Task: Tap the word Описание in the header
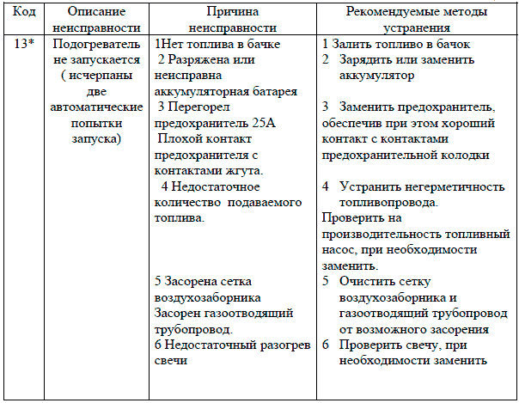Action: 96,13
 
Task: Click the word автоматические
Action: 96,110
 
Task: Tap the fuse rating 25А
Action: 263,125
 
